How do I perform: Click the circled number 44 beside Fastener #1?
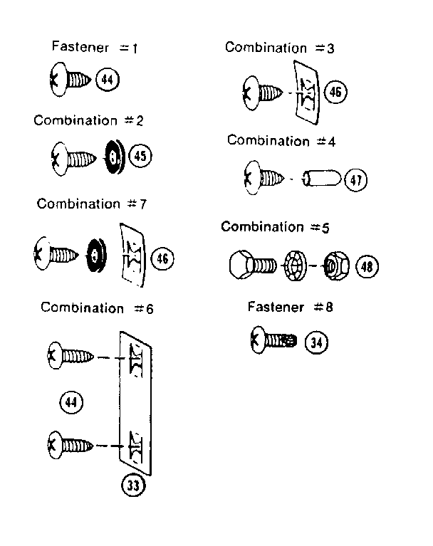(108, 78)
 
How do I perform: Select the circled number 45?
(140, 156)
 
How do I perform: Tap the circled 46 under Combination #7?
(162, 258)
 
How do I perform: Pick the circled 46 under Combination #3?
(334, 93)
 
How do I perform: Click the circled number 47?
(355, 181)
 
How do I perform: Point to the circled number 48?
(366, 267)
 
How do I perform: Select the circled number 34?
(317, 343)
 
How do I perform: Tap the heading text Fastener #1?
(95, 48)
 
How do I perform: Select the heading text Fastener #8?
(291, 308)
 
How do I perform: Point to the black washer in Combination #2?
(113, 156)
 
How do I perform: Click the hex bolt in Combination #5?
(252, 267)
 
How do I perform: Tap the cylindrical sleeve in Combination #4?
(320, 179)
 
